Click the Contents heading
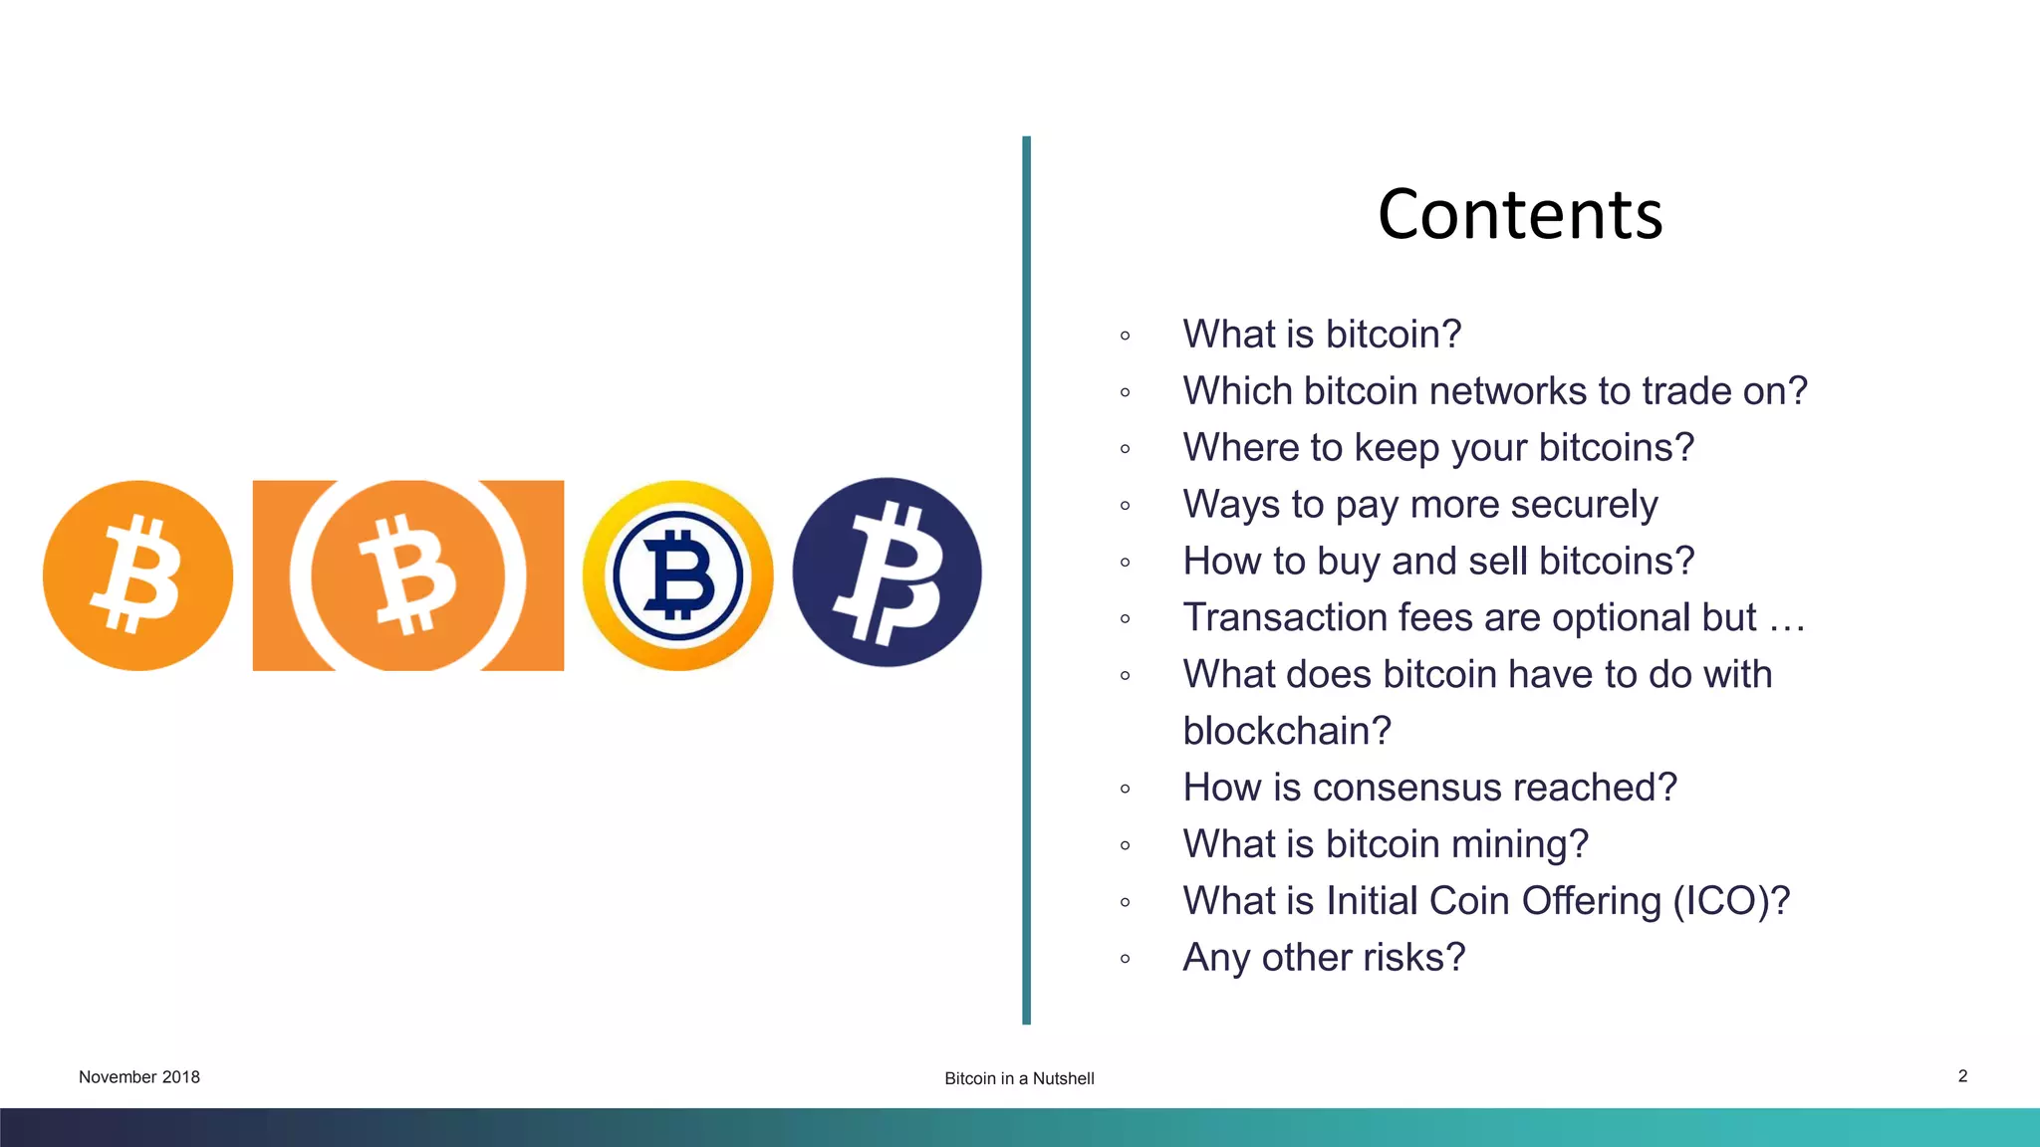pos(1520,215)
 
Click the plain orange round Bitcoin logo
pos(137,575)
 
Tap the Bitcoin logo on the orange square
pos(408,575)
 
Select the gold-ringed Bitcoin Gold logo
pos(677,575)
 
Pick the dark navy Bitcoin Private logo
pos(887,573)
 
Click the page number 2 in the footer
pos(1962,1076)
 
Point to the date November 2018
pos(139,1077)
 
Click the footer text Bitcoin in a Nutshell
pos(1019,1078)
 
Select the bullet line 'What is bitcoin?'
pos(1322,335)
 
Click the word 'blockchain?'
pos(1286,732)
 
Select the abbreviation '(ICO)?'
pos(1731,901)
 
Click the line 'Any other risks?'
pos(1324,958)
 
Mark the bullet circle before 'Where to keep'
pos(1125,449)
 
